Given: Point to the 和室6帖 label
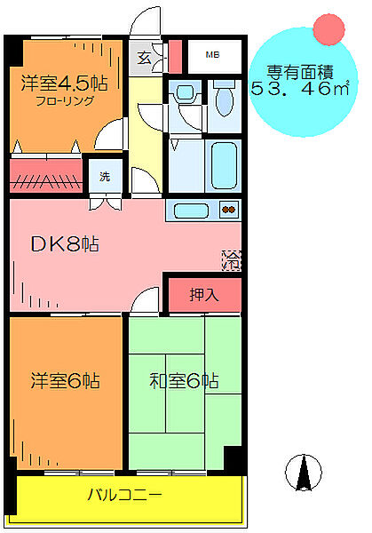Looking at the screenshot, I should pyautogui.click(x=183, y=382).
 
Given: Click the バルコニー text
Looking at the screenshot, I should pyautogui.click(x=123, y=493).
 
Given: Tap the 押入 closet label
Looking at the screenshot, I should pyautogui.click(x=204, y=293).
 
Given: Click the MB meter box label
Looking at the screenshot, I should pyautogui.click(x=212, y=56).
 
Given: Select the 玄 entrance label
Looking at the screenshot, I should pyautogui.click(x=144, y=60).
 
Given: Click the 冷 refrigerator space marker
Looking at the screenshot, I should pyautogui.click(x=231, y=260).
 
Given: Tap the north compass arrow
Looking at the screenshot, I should pyautogui.click(x=305, y=471).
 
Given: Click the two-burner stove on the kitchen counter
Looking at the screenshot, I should pyautogui.click(x=229, y=211).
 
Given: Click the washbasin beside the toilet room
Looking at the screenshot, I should pyautogui.click(x=186, y=94).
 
